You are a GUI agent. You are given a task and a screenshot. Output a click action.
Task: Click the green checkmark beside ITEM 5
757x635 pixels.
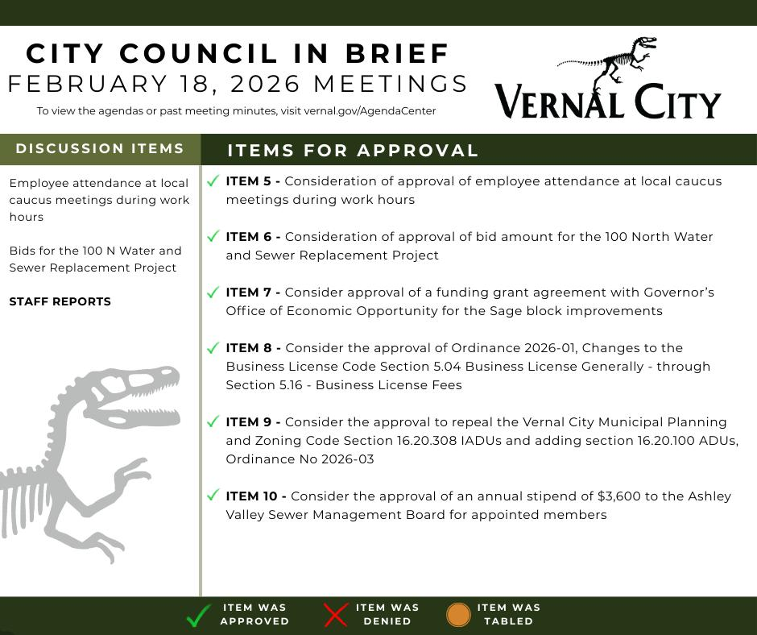213,181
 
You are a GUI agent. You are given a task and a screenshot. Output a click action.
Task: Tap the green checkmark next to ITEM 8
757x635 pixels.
213,348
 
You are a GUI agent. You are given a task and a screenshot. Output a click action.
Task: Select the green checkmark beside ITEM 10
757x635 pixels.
213,496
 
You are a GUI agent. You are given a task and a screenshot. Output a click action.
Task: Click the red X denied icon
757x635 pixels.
335,615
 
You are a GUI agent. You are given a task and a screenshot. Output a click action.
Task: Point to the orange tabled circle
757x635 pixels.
458,615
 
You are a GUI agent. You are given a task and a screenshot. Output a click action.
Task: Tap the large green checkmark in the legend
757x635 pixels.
198,616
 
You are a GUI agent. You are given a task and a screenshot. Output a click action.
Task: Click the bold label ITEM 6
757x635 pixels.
253,237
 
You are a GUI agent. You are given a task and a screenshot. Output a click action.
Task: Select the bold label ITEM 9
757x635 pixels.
253,422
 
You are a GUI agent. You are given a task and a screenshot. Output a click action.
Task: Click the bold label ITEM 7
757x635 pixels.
253,293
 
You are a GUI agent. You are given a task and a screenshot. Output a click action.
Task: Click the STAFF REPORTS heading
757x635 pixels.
60,301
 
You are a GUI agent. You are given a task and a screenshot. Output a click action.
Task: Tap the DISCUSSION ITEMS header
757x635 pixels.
100,148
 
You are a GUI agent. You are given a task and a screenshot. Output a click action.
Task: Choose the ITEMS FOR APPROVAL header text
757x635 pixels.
353,151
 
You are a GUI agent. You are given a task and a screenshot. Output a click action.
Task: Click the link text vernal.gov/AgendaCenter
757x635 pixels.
370,111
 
